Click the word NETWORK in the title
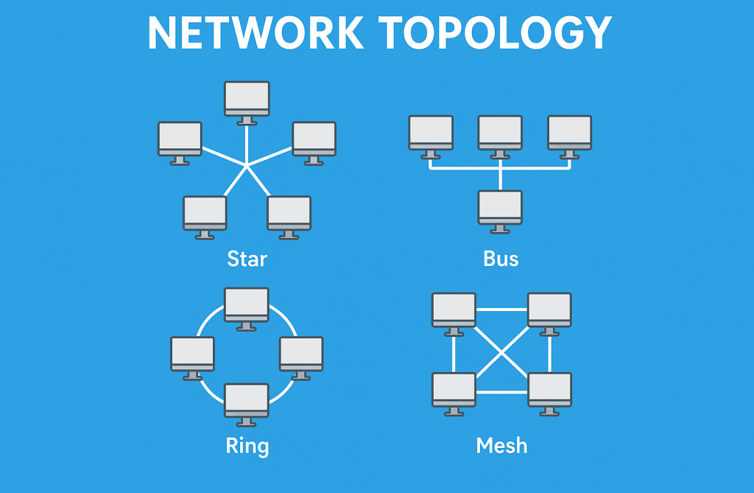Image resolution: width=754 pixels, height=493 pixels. (x=255, y=32)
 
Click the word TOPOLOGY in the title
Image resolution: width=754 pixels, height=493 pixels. (x=495, y=32)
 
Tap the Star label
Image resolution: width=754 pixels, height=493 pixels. (x=247, y=259)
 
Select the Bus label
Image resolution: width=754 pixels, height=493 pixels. (x=501, y=259)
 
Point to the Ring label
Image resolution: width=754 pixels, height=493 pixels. (x=247, y=446)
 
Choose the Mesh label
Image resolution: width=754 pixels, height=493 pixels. (x=501, y=446)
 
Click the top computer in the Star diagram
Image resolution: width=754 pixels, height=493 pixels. (x=247, y=99)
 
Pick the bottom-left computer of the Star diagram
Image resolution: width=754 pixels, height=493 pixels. (x=205, y=214)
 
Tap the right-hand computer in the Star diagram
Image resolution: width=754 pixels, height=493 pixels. (x=314, y=139)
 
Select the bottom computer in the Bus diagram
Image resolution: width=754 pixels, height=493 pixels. (x=500, y=208)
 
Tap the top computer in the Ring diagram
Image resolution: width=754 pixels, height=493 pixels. (x=247, y=305)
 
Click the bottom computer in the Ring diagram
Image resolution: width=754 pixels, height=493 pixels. (x=247, y=401)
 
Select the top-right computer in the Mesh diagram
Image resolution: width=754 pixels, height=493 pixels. (x=549, y=310)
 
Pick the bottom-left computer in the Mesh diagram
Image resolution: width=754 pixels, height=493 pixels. (x=454, y=390)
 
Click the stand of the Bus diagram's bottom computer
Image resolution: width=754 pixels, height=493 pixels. (x=500, y=229)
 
